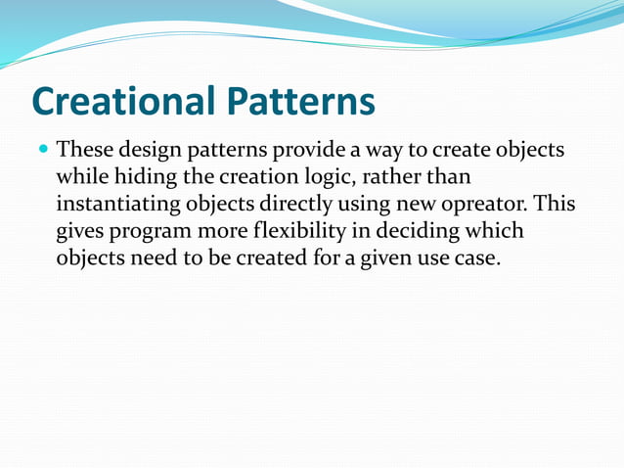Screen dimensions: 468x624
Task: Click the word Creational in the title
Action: (x=123, y=102)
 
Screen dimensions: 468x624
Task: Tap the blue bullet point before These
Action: (x=43, y=152)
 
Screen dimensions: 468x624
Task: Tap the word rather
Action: (x=395, y=178)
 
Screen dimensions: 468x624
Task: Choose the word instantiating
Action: (x=120, y=205)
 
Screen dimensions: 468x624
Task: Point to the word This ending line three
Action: (x=553, y=205)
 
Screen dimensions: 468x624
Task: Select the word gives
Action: (x=82, y=232)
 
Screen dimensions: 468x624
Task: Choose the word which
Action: (x=497, y=232)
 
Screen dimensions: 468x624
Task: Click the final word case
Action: (x=474, y=259)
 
